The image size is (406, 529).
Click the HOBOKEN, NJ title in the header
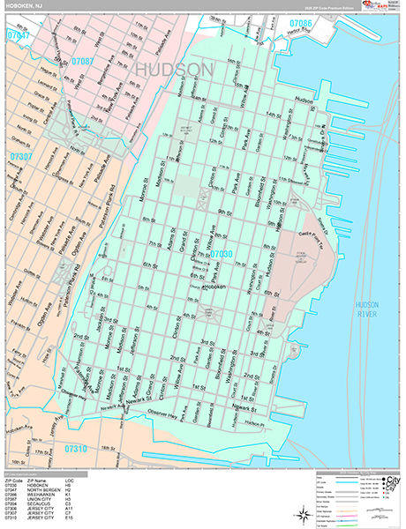tap(24, 7)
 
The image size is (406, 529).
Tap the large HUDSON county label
tap(175, 69)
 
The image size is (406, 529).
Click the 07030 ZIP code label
tap(222, 254)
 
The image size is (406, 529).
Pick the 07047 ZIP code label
tap(18, 36)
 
